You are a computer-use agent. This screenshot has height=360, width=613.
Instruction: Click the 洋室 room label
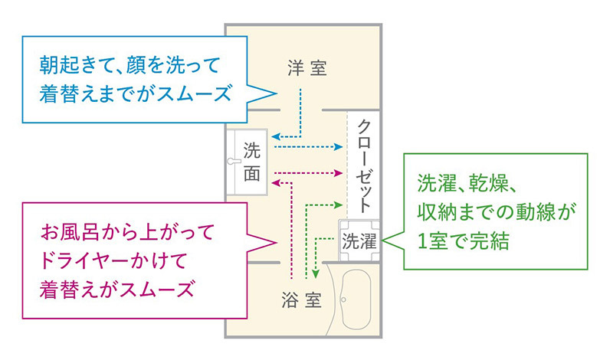point(307,68)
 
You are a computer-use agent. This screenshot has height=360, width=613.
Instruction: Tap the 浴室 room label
point(301,299)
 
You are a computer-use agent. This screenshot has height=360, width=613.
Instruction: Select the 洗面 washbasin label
point(251,162)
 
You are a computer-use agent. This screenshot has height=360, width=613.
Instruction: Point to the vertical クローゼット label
point(363,166)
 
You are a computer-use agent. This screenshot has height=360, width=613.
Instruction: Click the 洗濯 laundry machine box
point(359,241)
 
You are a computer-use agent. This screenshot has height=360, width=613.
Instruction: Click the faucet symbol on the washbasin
point(234,161)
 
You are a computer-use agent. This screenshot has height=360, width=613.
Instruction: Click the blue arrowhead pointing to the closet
point(338,147)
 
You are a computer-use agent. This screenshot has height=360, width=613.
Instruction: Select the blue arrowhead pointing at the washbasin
point(276,137)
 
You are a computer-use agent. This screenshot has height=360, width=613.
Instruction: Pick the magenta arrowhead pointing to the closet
point(338,173)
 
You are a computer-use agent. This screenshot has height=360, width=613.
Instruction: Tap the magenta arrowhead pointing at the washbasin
point(276,182)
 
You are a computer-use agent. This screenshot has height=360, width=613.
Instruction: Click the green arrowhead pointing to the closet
point(338,205)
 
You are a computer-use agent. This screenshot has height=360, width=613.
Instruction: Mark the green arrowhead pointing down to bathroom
point(316,274)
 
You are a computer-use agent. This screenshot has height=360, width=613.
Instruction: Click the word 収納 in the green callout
point(436,212)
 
